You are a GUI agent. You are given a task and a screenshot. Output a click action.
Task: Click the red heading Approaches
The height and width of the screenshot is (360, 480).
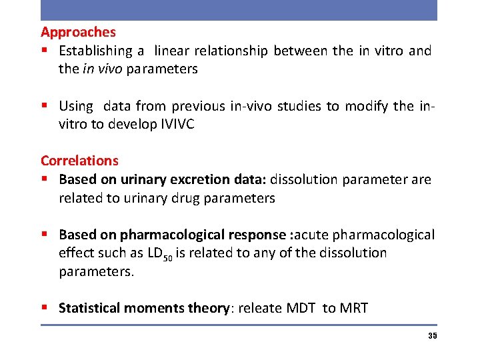(x=78, y=32)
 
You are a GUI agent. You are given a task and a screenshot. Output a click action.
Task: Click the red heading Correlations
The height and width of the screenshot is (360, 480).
(x=79, y=161)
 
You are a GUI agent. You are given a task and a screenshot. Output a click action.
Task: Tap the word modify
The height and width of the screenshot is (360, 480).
(x=366, y=105)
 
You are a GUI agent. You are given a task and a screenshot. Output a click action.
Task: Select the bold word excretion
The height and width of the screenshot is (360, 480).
(x=206, y=179)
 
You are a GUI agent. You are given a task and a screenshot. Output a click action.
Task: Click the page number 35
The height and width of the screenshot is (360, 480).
(x=432, y=336)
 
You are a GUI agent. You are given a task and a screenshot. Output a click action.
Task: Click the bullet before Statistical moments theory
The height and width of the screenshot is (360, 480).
(x=45, y=308)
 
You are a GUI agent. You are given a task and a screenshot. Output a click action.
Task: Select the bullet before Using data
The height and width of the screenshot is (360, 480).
(x=45, y=105)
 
